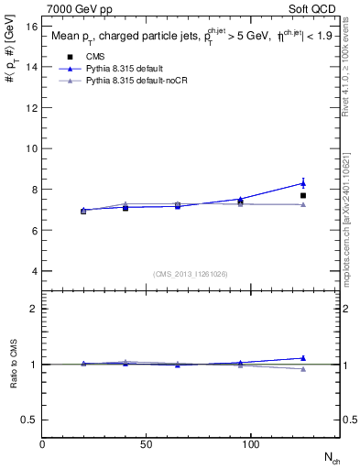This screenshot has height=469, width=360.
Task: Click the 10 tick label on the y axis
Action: (31, 148)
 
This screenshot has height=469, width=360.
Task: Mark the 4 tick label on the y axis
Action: (34, 271)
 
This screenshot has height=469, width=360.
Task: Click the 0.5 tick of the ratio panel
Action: (29, 420)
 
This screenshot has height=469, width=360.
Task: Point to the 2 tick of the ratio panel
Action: (34, 309)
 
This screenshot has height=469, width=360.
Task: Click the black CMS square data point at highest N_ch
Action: (303, 195)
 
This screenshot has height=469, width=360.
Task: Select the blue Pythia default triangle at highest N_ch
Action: (303, 183)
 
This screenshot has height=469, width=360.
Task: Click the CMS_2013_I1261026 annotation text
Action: (191, 273)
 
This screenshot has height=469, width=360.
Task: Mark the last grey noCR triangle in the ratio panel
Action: (303, 369)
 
